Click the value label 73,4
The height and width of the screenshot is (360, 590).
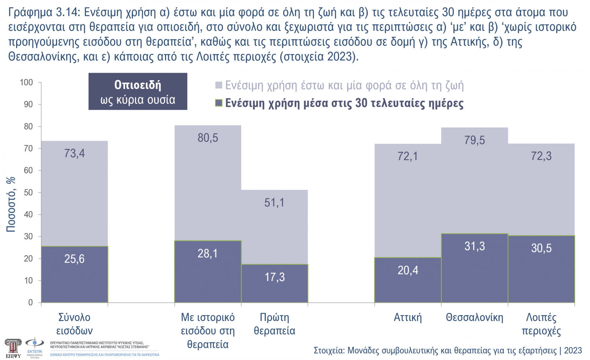(74, 153)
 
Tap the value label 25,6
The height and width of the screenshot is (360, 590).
(74, 259)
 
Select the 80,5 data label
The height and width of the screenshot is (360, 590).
(208, 138)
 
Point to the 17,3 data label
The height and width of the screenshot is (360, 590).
(275, 277)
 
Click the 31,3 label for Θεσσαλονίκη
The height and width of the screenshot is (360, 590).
(474, 246)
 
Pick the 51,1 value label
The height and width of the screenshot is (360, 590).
(275, 203)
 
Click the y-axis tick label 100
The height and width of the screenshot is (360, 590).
(26, 82)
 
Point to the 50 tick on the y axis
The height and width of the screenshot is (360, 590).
(28, 193)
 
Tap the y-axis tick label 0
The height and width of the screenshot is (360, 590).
(31, 303)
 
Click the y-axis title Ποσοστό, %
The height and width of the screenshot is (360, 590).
(11, 204)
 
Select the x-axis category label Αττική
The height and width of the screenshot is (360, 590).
(408, 318)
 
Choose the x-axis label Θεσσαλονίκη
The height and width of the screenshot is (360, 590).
(474, 318)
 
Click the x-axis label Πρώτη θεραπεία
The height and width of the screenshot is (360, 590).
(275, 324)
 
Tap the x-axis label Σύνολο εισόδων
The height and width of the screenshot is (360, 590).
(74, 324)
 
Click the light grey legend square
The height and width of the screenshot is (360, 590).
(219, 85)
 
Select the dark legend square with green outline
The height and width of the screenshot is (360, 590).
(219, 103)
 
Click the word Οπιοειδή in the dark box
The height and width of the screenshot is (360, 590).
(138, 85)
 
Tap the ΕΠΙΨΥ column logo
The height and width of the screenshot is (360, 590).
(13, 348)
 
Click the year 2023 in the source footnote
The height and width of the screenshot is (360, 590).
(573, 351)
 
